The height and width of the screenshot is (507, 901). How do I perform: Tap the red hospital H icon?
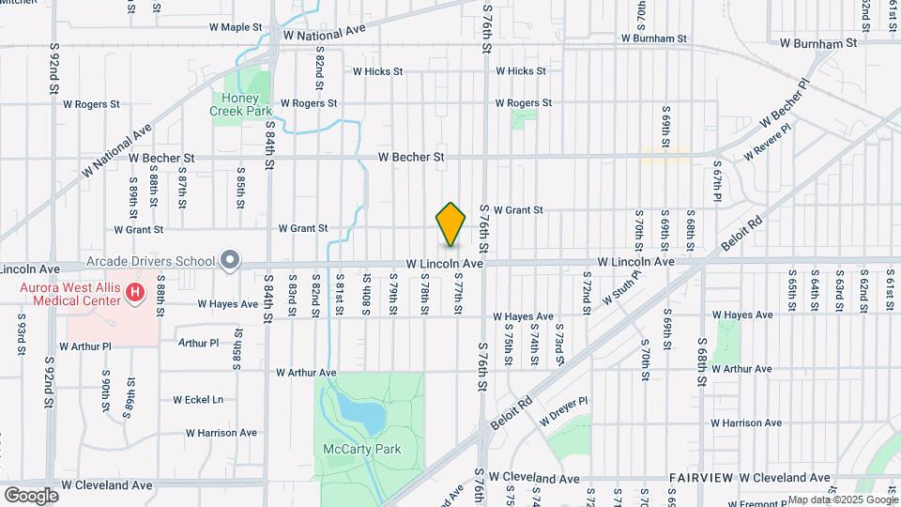point(135,293)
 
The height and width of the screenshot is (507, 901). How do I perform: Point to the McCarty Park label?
point(361,449)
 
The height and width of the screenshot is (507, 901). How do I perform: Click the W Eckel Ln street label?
point(198,399)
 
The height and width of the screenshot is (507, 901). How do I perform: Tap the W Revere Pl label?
point(767,140)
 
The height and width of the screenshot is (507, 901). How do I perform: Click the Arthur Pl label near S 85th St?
point(198,343)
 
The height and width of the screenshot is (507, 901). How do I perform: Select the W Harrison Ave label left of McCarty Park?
point(221,433)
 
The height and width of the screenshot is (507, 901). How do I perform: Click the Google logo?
point(31,495)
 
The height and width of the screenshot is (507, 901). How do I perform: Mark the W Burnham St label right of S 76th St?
point(654,39)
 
